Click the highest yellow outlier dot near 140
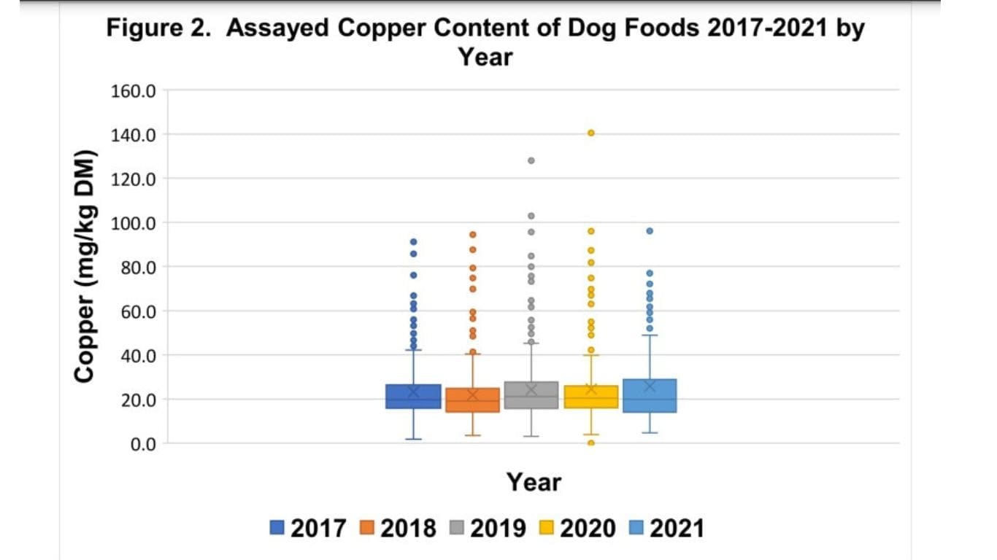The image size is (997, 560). click(591, 133)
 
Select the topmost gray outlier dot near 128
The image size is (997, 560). click(531, 160)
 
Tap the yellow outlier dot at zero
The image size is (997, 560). click(591, 443)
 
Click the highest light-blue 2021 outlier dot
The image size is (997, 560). click(650, 231)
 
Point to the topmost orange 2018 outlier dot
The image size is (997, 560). click(473, 234)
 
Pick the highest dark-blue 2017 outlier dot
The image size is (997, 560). click(414, 242)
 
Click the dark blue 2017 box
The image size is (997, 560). click(414, 397)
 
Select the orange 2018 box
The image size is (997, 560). click(473, 400)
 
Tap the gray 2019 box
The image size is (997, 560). click(531, 395)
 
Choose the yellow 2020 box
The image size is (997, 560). click(591, 397)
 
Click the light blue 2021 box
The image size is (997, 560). click(650, 396)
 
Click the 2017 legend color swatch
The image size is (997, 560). click(277, 527)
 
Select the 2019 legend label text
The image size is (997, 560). click(498, 529)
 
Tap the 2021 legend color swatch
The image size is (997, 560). click(636, 527)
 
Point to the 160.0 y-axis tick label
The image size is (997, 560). click(133, 91)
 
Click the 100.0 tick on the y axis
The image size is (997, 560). click(133, 223)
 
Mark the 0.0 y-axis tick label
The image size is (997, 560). click(143, 444)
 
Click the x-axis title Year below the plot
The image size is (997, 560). click(534, 482)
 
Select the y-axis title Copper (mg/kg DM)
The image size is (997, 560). click(85, 266)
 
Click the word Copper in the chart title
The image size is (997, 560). click(382, 28)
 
